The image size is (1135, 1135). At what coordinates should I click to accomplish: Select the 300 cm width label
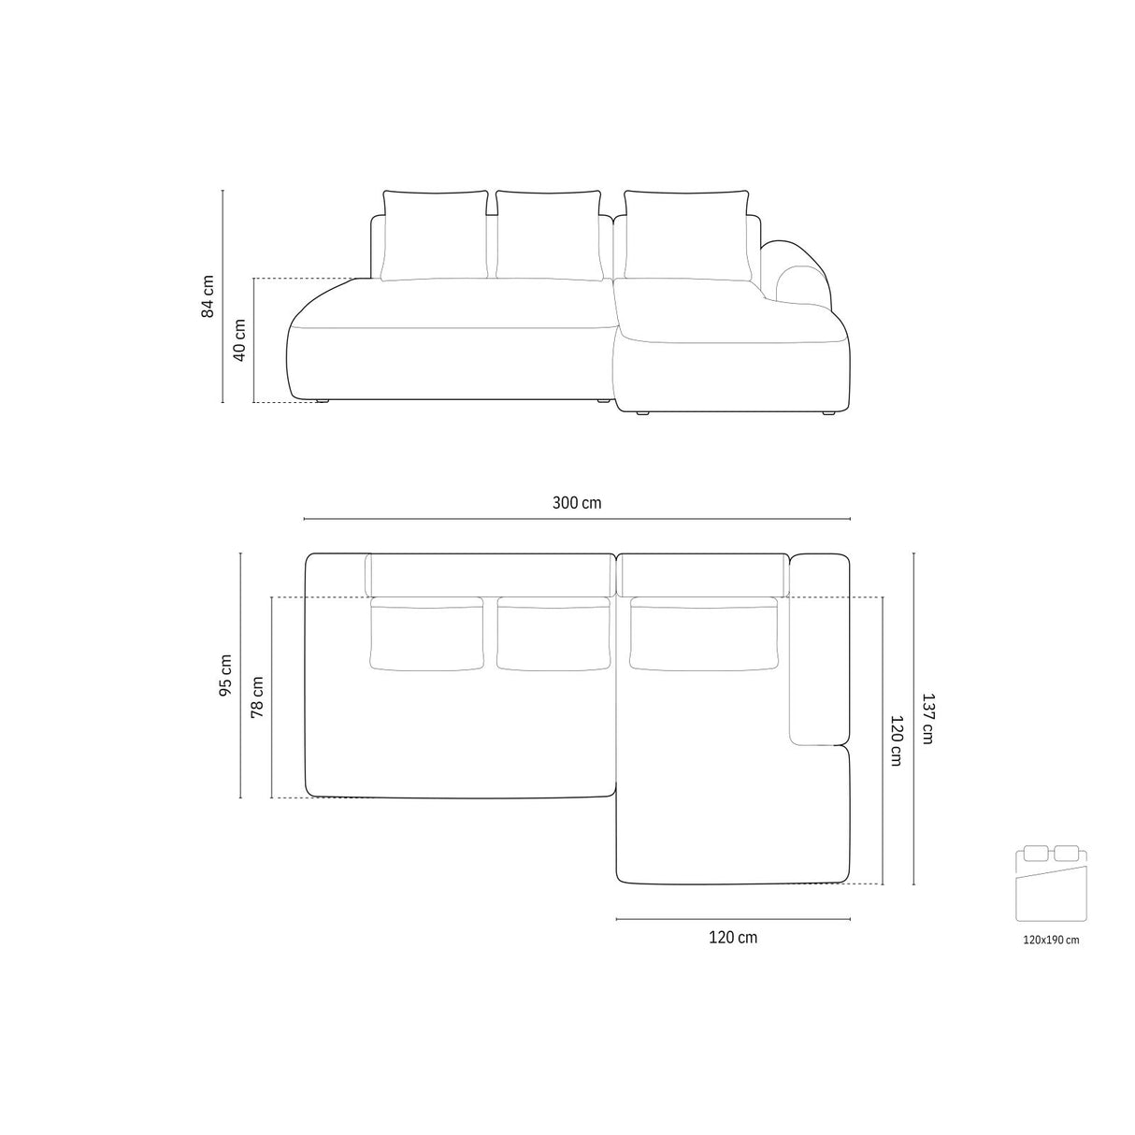pos(577,503)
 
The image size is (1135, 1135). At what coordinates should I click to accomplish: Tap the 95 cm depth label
pos(226,675)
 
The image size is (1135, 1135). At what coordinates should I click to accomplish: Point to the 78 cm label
pos(257,697)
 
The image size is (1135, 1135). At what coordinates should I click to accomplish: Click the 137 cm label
pos(927,717)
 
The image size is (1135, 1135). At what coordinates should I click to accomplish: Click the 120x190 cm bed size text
pos(1051,941)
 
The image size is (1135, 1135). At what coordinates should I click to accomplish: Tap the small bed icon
pos(1050,884)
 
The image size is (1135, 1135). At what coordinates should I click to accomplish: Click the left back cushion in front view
pos(436,234)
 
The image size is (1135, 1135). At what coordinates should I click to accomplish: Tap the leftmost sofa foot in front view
pos(323,401)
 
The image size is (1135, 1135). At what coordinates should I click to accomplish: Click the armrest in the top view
pos(818,650)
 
